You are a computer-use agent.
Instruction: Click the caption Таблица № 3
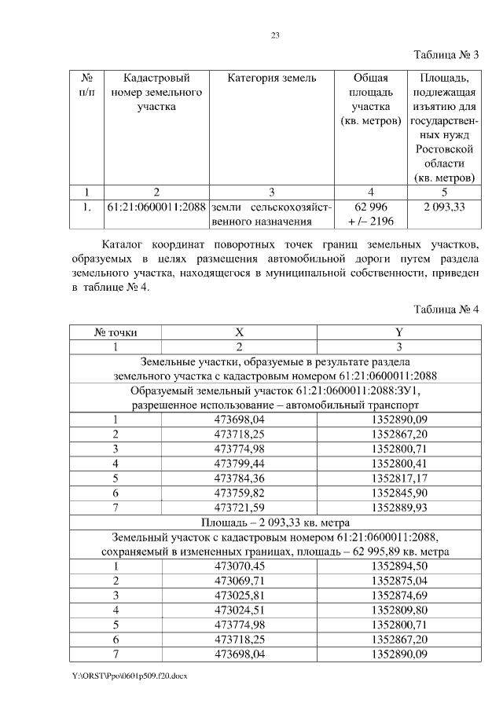point(445,55)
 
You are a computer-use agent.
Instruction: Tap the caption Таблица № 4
point(445,309)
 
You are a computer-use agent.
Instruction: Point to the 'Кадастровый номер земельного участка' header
point(156,92)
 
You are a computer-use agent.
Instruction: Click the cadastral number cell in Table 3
point(156,207)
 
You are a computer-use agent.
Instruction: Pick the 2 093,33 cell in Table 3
point(444,207)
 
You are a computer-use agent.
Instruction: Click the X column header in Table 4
point(240,332)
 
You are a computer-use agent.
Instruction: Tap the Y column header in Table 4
point(398,332)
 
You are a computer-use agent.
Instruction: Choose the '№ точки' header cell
point(116,332)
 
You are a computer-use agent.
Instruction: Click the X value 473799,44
point(240,464)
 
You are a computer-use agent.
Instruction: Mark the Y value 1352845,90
point(398,493)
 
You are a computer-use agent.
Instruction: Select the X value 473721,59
point(240,507)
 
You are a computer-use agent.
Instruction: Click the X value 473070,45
point(240,565)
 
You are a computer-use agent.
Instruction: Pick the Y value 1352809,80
point(398,609)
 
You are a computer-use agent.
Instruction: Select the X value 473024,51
point(240,609)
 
